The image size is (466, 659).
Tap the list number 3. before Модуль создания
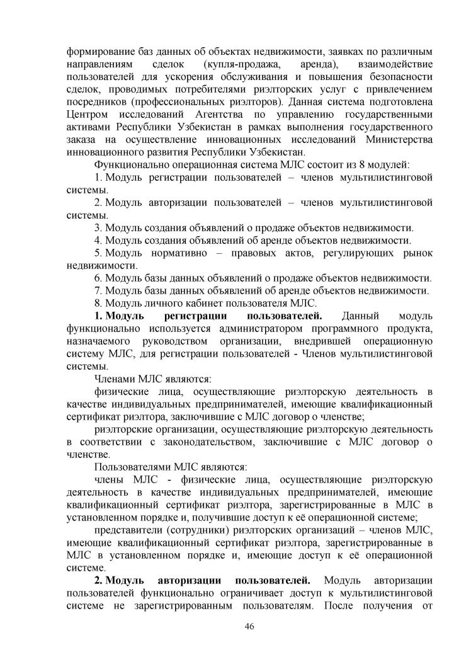[x=98, y=227]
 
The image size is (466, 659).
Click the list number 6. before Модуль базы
[x=98, y=277]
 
